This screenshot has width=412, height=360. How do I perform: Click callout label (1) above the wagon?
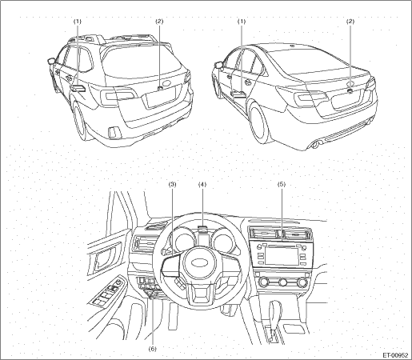click(x=78, y=22)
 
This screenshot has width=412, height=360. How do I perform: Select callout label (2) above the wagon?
click(x=159, y=22)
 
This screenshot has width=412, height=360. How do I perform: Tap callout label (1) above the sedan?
click(x=242, y=22)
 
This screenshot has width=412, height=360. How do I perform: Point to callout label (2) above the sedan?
click(x=350, y=22)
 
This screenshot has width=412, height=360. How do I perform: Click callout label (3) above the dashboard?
click(x=172, y=184)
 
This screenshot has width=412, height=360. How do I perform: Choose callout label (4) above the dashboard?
click(x=202, y=184)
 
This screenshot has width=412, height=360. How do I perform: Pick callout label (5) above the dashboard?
click(x=282, y=184)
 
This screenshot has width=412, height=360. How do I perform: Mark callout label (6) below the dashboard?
click(x=153, y=349)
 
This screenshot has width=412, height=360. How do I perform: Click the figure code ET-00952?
click(x=395, y=355)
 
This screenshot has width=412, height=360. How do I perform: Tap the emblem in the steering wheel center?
click(x=200, y=262)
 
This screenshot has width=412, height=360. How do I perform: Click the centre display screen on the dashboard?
click(x=282, y=256)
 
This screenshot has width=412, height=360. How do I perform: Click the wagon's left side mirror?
click(x=51, y=62)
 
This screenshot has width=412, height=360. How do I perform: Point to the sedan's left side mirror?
click(x=218, y=65)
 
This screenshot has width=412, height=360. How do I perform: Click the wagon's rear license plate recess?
click(x=160, y=98)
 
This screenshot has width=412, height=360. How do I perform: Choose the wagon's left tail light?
click(x=117, y=94)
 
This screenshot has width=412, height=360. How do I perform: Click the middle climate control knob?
click(x=283, y=282)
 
